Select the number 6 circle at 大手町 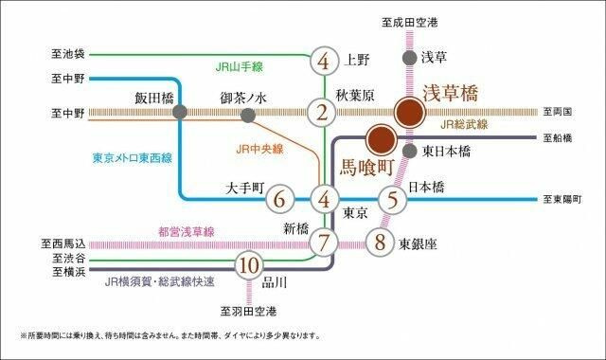(278, 200)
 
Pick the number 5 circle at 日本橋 (392, 200)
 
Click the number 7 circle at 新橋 (324, 242)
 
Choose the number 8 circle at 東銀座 (381, 242)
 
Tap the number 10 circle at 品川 (248, 265)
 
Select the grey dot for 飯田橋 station (180, 113)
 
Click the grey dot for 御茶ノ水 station (248, 116)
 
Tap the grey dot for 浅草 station (408, 58)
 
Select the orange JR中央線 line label (259, 149)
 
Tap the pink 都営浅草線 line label (187, 231)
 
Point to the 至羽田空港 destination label (249, 312)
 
